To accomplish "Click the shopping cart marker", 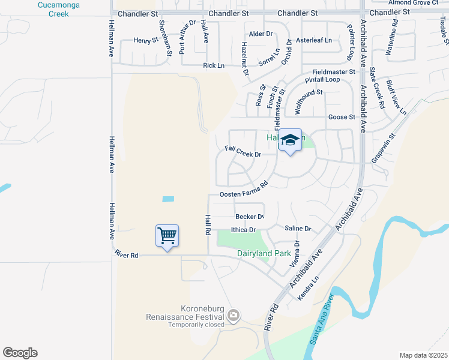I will pos(167,235).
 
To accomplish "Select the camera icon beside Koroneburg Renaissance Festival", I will pos(233,315).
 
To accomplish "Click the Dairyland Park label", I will pos(264,254).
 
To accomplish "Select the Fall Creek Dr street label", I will pos(243,151).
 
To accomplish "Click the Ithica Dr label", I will pos(244,229).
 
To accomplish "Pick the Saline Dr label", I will pos(298,229).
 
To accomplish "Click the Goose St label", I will pos(342,117).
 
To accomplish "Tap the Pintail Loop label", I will pos(322,80).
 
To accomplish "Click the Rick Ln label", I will pos(214,65).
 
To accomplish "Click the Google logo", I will pos(20,353).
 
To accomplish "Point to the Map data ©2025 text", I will pos(423,355).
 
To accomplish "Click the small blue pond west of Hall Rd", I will pos(168,199).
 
